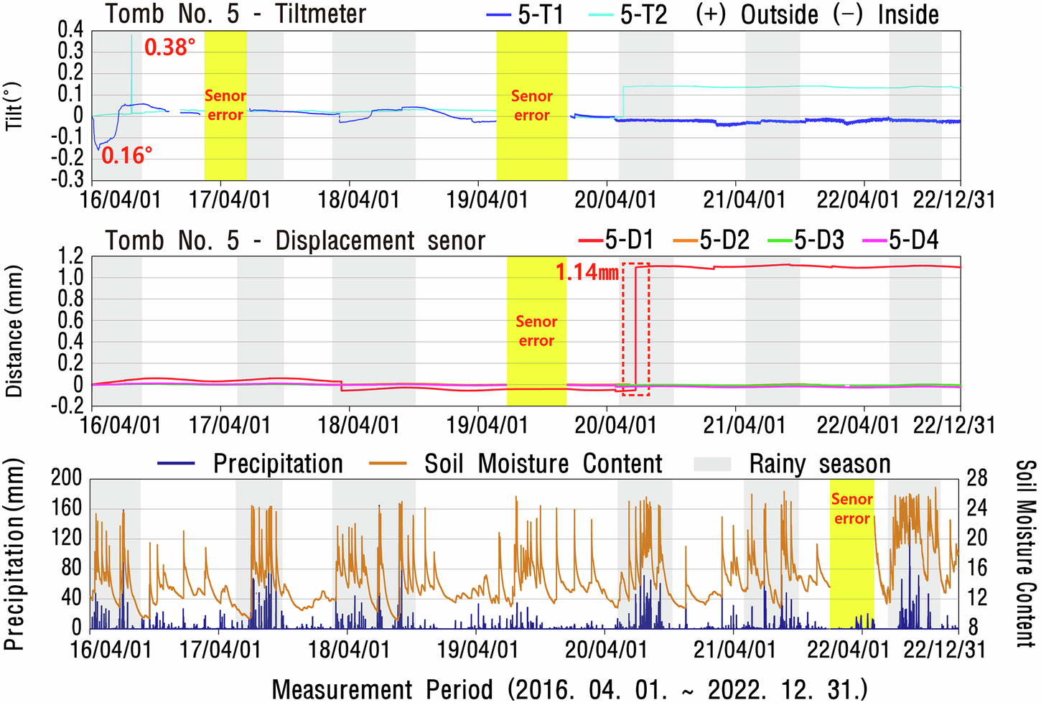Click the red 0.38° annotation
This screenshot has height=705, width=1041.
coord(169,47)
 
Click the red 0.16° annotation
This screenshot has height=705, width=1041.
coord(126,155)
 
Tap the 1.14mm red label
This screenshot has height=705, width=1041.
coord(587,272)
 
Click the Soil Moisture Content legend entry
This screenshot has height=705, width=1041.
coord(515,464)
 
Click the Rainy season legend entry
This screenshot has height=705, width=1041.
coord(793,464)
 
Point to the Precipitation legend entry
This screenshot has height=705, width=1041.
coord(251,464)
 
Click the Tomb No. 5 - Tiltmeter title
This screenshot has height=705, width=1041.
coord(236,14)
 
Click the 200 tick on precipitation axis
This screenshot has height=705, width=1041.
coord(66,477)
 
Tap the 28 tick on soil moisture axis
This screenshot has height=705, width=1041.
coord(977,477)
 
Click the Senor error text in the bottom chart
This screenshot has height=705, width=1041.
coord(851,508)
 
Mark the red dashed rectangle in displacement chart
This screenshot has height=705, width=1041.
coord(635,329)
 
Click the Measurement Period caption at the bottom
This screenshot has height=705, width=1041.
coord(569,689)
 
